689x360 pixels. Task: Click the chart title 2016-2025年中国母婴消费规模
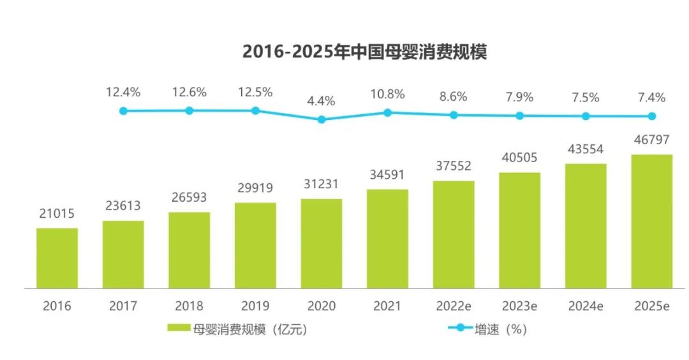click(364, 52)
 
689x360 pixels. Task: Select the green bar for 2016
click(57, 258)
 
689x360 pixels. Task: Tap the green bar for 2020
click(322, 243)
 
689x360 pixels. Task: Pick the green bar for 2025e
click(651, 221)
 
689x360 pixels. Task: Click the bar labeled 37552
click(454, 234)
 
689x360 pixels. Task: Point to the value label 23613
click(123, 206)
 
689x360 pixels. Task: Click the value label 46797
click(651, 139)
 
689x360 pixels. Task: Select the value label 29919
click(255, 188)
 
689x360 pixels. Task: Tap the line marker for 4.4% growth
click(322, 119)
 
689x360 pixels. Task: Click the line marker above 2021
click(387, 112)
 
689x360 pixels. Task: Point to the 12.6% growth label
click(189, 92)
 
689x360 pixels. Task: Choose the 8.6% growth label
click(454, 97)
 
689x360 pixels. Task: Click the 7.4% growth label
click(651, 98)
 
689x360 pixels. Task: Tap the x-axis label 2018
click(189, 306)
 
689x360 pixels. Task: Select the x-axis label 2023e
click(519, 306)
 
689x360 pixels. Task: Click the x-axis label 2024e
click(586, 306)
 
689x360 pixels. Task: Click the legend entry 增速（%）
click(501, 329)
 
